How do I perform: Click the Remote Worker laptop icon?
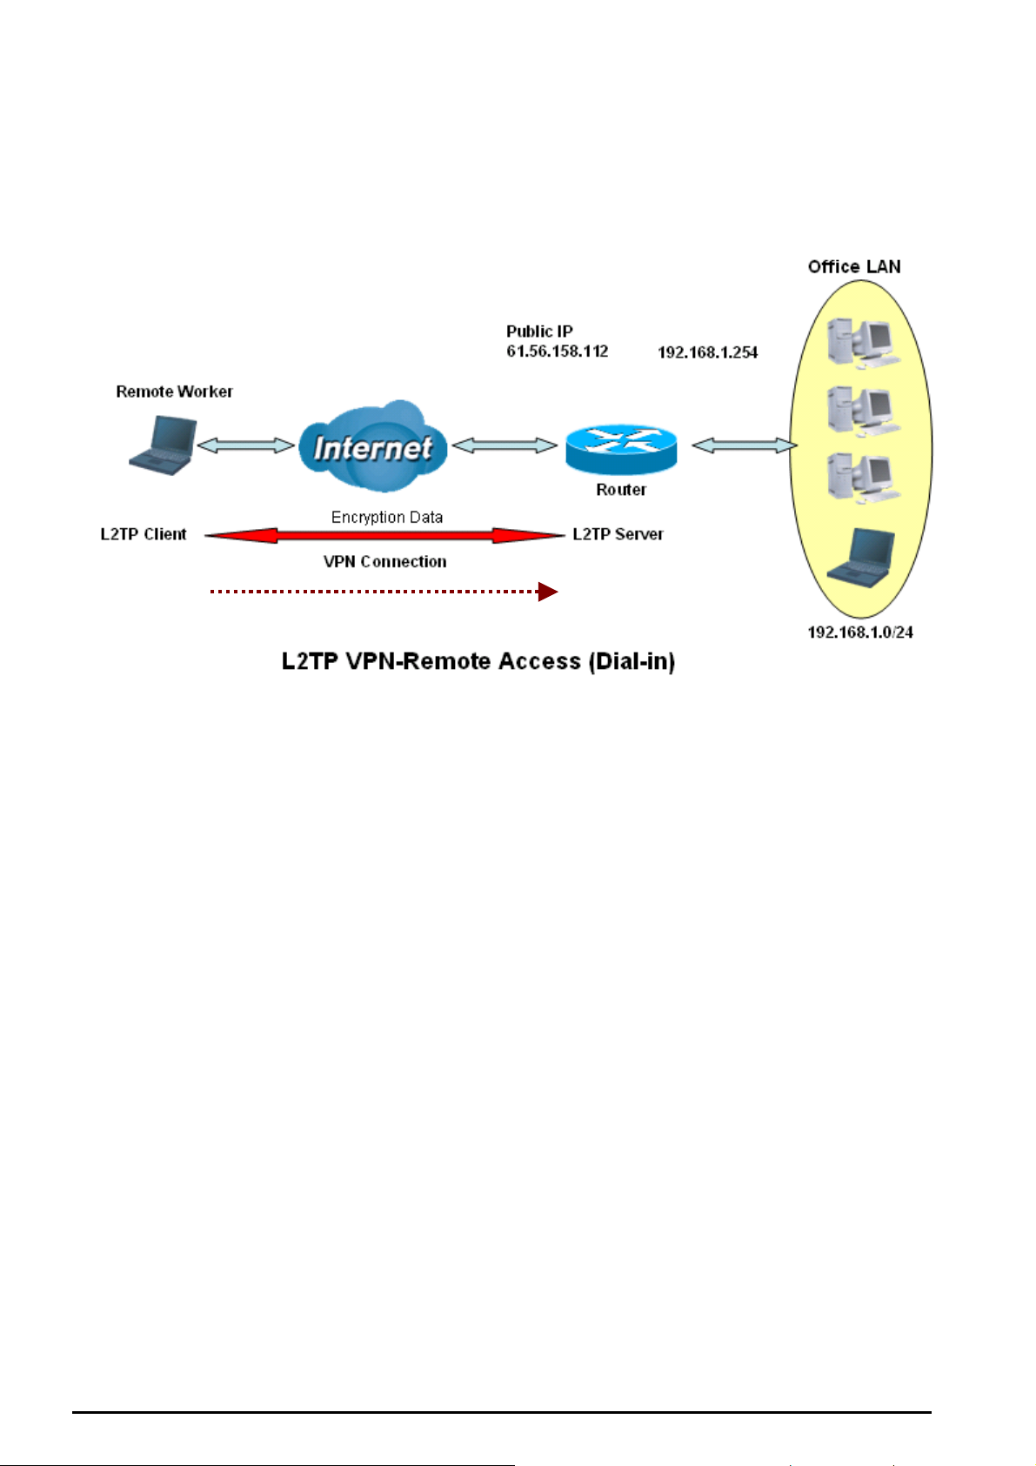163,445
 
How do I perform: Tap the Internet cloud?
372,447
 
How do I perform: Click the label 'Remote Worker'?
174,392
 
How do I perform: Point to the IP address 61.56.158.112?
557,351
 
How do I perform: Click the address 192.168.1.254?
707,352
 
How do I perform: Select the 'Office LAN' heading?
853,267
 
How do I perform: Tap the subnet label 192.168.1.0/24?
859,633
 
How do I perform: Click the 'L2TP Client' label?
144,534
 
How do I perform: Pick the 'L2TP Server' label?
618,534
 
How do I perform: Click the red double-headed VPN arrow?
384,536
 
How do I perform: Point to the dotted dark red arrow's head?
547,592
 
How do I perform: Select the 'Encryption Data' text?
387,517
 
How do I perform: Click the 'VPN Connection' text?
384,562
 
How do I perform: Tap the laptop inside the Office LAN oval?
861,556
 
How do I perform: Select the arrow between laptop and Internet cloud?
246,445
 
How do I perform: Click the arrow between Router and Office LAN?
744,445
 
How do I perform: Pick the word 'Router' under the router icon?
620,490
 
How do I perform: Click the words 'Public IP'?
539,331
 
